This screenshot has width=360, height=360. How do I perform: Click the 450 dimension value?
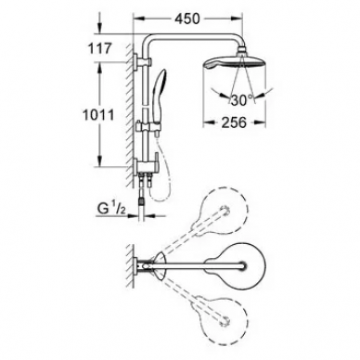[187, 19]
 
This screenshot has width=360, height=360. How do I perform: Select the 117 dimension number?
[99, 48]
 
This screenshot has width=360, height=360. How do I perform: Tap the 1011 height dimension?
[98, 115]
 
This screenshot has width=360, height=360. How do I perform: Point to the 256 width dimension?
[234, 122]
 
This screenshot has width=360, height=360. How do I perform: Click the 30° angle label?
[241, 100]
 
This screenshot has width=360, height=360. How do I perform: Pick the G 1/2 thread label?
[111, 210]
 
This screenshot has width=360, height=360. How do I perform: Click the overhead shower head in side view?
[234, 65]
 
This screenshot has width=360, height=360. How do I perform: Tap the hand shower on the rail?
[159, 96]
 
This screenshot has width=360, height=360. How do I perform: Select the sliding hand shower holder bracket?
[148, 127]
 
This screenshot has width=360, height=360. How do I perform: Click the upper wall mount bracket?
[142, 61]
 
